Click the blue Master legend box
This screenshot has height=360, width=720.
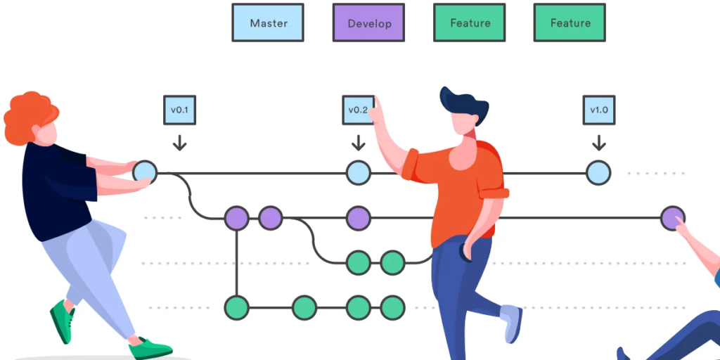[268, 22]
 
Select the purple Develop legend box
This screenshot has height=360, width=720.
[368, 23]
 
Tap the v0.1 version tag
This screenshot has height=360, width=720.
[179, 110]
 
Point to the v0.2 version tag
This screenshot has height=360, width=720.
[357, 110]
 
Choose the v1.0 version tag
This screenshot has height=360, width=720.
[599, 110]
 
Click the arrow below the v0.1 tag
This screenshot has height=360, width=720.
[180, 143]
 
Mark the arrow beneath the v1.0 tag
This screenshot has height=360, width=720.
[599, 143]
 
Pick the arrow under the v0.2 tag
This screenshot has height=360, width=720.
[359, 143]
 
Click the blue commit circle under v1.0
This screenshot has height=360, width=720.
[598, 173]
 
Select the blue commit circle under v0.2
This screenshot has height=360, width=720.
[358, 173]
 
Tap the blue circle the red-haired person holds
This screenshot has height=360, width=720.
[145, 172]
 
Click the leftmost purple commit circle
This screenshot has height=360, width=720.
[236, 218]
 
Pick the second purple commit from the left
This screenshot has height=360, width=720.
[270, 218]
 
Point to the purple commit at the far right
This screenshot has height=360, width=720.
[672, 218]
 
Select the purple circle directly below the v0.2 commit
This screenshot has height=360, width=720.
[358, 218]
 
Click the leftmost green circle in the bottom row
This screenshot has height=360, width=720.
[236, 307]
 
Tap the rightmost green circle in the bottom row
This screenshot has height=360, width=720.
[392, 307]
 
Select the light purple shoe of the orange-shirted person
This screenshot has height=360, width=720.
[511, 321]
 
